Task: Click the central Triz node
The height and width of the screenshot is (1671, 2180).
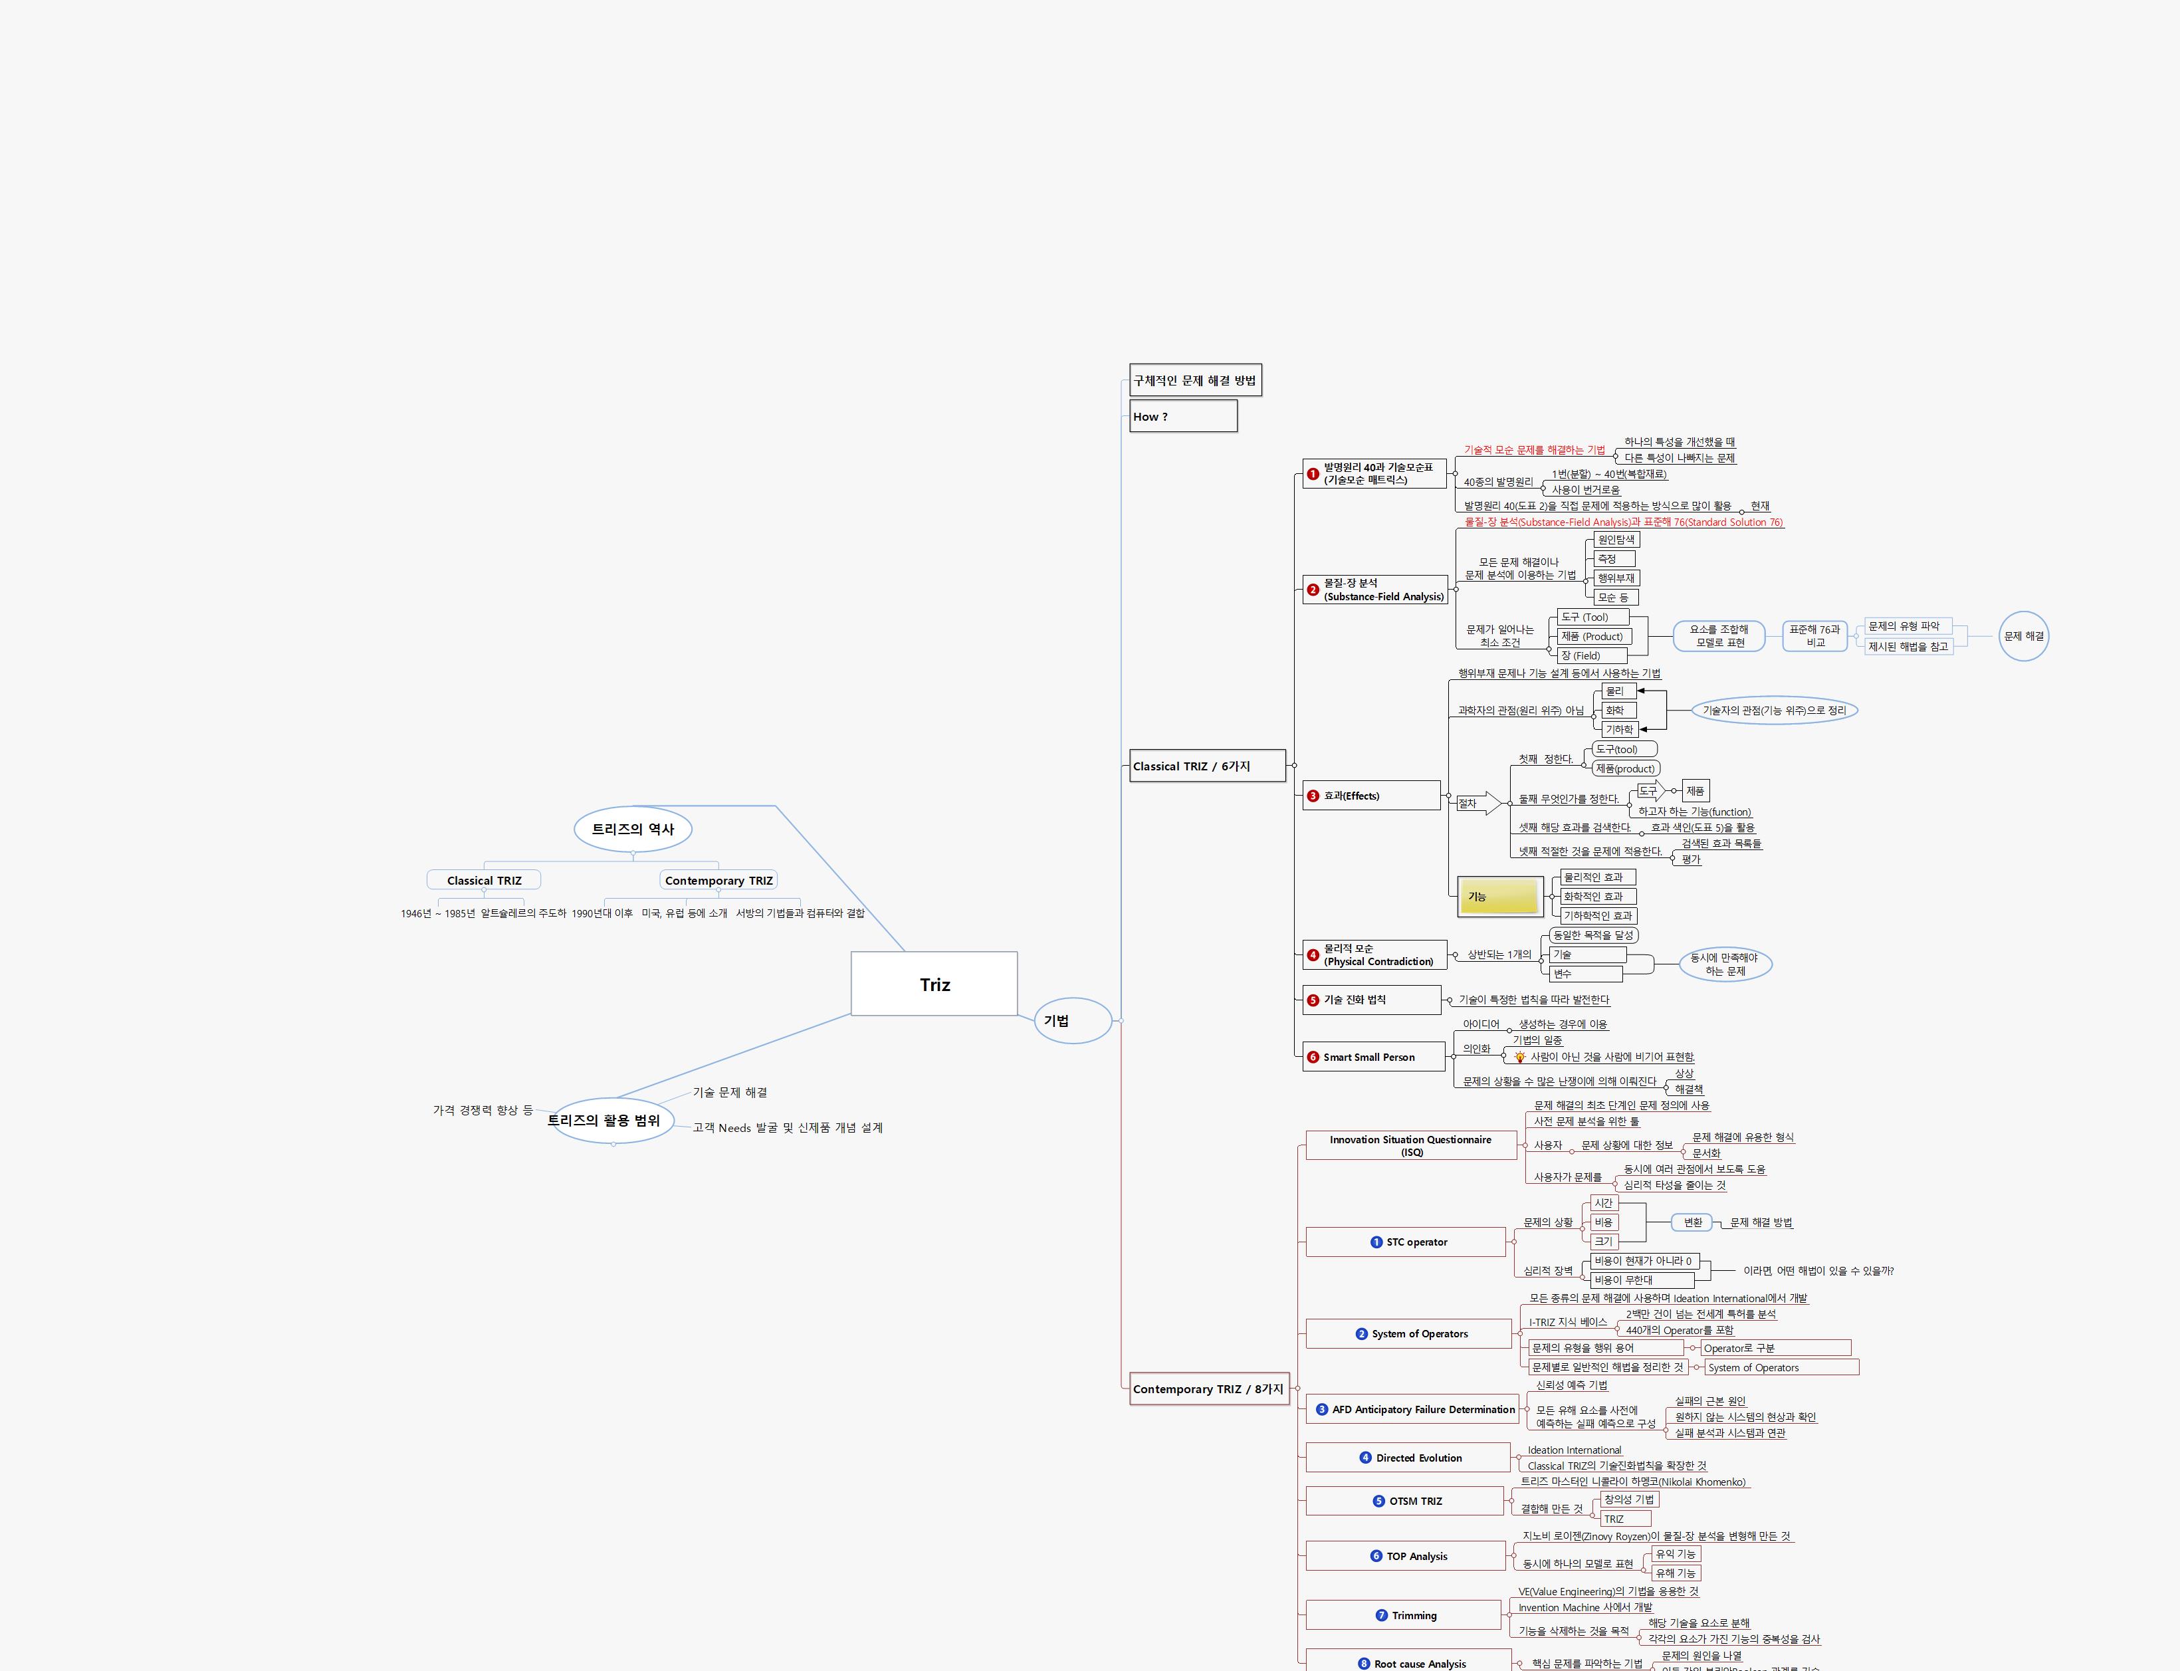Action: [934, 984]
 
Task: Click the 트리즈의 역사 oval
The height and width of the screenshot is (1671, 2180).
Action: [633, 829]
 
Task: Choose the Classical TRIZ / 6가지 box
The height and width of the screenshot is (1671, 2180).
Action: [1208, 766]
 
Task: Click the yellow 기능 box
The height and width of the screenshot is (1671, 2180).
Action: [1499, 896]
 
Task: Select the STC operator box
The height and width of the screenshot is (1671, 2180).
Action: [1405, 1242]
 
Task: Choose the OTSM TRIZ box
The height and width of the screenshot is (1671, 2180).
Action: [1403, 1501]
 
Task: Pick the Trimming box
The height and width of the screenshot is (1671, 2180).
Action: [1402, 1615]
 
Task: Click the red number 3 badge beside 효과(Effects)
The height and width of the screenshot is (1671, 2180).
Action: [1313, 796]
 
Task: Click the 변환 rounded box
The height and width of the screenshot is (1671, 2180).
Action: [1693, 1222]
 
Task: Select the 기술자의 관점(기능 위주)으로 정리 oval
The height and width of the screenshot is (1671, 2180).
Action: [1774, 710]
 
